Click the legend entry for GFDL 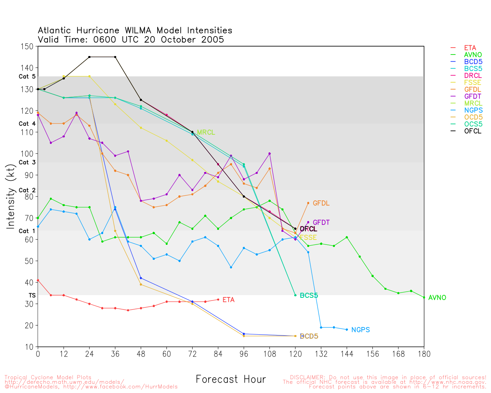point(472,89)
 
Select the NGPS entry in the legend point(472,110)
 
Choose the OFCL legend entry point(472,131)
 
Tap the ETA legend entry point(470,48)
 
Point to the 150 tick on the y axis point(28,46)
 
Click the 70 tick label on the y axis point(30,218)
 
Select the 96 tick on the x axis point(244,353)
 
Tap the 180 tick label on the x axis point(424,353)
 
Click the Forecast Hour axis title point(231,379)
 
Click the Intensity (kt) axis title point(11,196)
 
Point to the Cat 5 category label point(27,76)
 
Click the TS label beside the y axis point(32,295)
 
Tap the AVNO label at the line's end point(437,297)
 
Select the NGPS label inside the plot point(360,330)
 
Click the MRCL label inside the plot point(206,132)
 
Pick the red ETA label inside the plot point(228,300)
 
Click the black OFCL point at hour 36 point(115,57)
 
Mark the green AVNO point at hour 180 point(424,297)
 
